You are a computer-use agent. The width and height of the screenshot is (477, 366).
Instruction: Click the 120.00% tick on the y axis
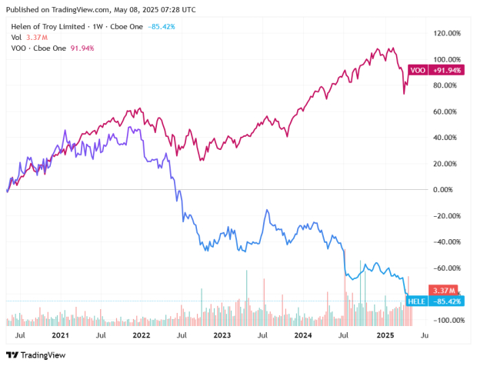click(448, 34)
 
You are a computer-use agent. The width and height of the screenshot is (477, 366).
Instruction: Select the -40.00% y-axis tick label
click(447, 242)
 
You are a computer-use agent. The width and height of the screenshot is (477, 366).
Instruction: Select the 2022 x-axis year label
click(141, 336)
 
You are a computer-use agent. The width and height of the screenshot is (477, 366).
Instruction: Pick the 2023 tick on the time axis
click(222, 336)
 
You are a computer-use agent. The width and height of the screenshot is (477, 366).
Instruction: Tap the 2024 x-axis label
click(302, 336)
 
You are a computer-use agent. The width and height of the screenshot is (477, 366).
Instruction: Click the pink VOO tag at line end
click(418, 71)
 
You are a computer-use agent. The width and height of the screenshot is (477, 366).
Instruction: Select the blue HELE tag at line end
click(417, 301)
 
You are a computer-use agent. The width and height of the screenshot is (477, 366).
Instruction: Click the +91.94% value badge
click(447, 71)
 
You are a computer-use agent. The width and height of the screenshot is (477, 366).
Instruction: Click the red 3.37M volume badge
click(445, 290)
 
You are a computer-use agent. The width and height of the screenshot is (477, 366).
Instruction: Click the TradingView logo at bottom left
click(36, 355)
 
